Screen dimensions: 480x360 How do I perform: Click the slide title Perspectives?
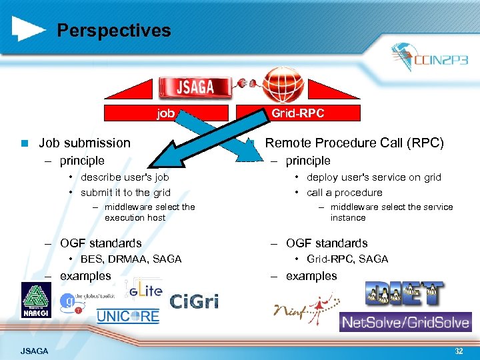[113, 31]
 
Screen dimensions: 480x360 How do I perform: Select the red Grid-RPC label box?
[297, 113]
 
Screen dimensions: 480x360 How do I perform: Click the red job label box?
[166, 113]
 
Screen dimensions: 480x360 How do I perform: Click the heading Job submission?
[84, 143]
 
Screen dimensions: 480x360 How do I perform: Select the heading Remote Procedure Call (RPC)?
[354, 143]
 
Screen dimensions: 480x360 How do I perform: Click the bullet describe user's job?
[125, 177]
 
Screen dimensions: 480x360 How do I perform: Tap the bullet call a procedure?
[344, 193]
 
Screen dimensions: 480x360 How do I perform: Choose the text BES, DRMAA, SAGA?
[131, 259]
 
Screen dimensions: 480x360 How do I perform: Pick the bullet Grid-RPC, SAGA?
[347, 259]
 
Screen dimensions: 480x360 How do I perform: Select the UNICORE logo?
[128, 316]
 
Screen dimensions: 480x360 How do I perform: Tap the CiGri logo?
[194, 302]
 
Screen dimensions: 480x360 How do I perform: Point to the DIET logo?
[404, 293]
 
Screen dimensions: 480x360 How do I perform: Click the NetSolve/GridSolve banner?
[405, 323]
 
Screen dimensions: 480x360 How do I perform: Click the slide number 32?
[458, 351]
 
